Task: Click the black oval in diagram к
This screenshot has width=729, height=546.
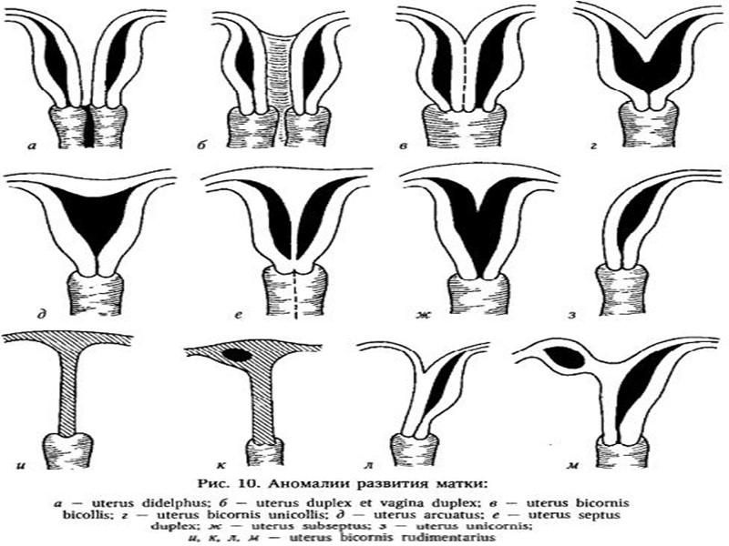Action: (x=240, y=354)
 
